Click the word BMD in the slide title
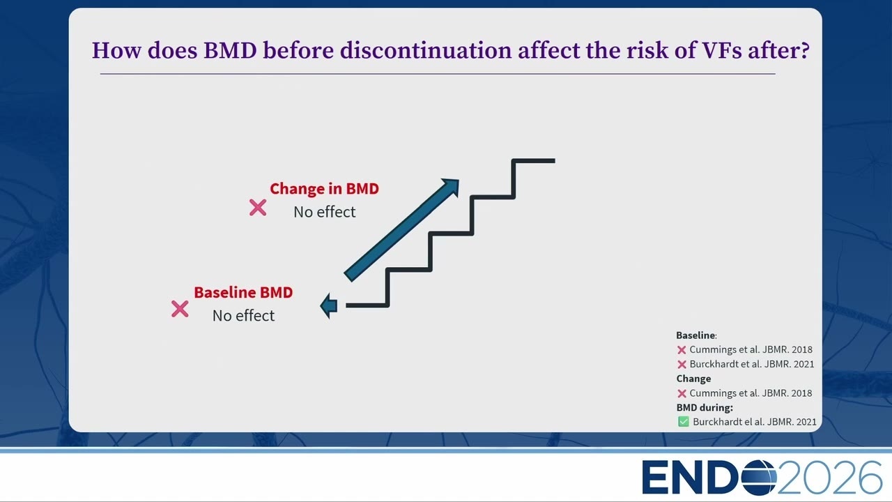(x=230, y=51)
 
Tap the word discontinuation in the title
(x=426, y=51)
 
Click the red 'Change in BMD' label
(x=324, y=188)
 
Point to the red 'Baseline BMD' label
(x=243, y=292)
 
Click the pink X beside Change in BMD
(x=258, y=208)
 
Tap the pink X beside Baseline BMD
(x=180, y=309)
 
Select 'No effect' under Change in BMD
(x=324, y=212)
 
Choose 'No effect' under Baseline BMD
(x=243, y=316)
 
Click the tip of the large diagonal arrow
(x=459, y=180)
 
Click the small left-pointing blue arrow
(x=329, y=306)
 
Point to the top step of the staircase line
(x=534, y=161)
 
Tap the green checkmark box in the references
(x=684, y=422)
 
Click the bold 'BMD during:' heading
(x=705, y=408)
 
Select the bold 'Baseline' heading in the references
(x=695, y=335)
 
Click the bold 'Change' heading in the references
(x=693, y=379)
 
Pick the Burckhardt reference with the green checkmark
(x=755, y=422)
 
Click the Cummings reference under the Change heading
(x=751, y=393)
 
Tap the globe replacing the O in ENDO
(x=759, y=478)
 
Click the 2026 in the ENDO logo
(x=830, y=478)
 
